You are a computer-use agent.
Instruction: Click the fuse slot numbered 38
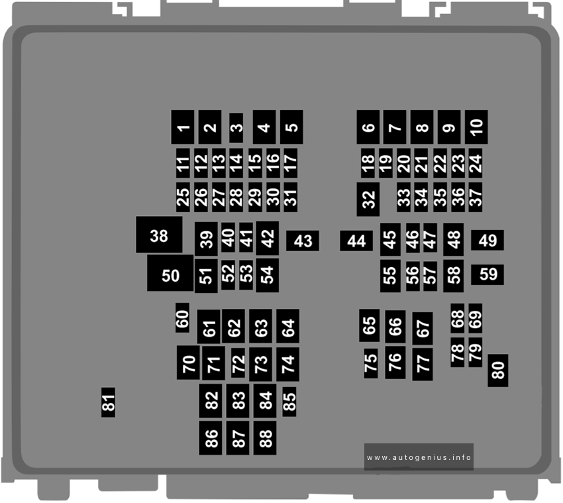(x=159, y=235)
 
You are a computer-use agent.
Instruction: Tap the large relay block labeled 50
(x=170, y=273)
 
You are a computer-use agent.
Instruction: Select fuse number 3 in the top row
(x=236, y=128)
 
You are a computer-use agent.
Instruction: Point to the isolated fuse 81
(x=109, y=402)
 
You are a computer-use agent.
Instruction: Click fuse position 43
(x=303, y=241)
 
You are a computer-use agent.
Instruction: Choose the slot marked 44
(x=356, y=241)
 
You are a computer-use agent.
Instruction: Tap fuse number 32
(x=368, y=199)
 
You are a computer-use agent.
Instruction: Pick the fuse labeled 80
(x=498, y=370)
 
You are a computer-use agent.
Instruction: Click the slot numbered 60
(x=182, y=317)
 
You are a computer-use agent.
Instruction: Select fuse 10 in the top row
(x=476, y=127)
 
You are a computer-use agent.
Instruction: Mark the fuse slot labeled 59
(x=487, y=275)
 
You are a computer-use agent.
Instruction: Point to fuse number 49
(x=487, y=240)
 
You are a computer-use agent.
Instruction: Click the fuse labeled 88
(x=265, y=438)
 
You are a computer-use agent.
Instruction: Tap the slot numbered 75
(x=371, y=363)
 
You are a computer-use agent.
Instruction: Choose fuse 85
(x=289, y=402)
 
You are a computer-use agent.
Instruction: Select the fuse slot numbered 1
(x=183, y=127)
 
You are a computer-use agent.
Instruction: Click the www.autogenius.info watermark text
(x=419, y=457)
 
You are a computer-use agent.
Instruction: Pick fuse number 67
(x=423, y=329)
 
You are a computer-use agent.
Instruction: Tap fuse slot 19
(x=385, y=163)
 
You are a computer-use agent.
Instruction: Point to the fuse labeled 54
(x=268, y=275)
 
